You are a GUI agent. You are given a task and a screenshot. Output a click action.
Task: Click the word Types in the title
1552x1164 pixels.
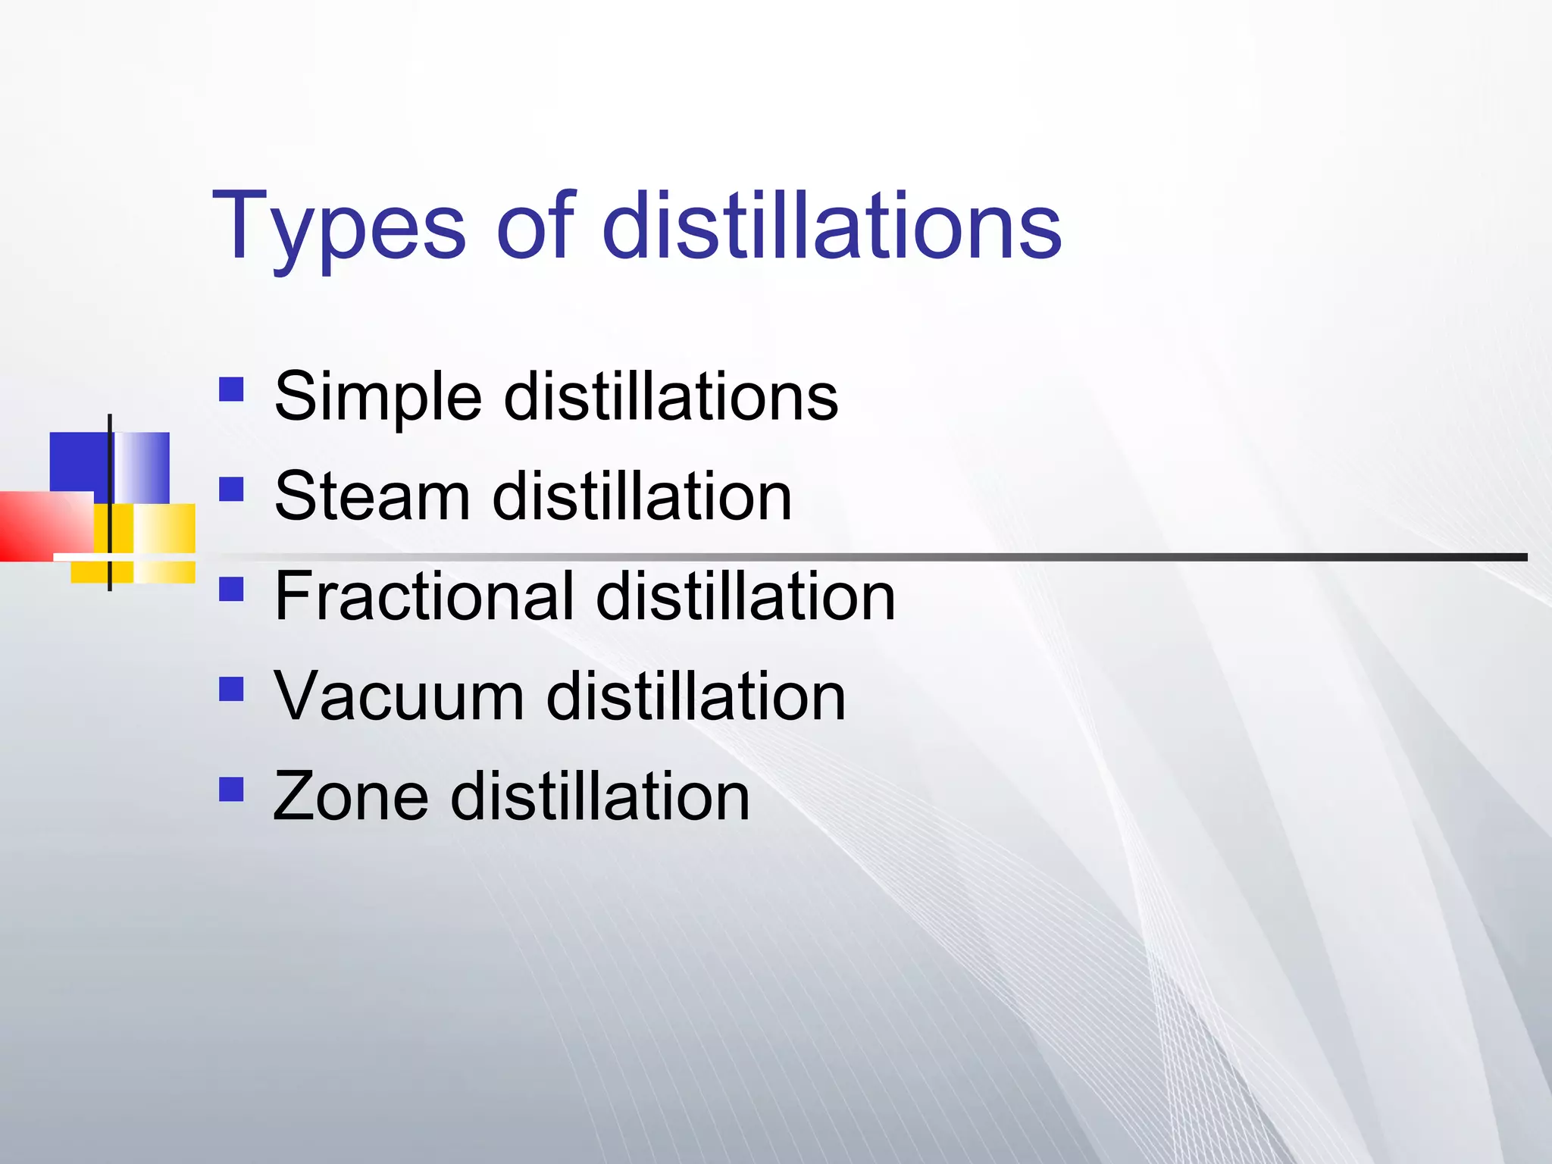click(338, 227)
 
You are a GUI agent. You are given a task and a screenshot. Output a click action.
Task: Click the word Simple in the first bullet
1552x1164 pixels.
click(377, 399)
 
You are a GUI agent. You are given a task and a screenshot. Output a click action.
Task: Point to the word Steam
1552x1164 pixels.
click(372, 497)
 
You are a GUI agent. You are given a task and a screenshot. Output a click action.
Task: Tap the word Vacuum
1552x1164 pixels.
click(399, 696)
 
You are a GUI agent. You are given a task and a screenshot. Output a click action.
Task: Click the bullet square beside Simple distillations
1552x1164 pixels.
click(231, 390)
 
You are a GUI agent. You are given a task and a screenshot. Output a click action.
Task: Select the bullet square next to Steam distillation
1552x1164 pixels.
click(231, 489)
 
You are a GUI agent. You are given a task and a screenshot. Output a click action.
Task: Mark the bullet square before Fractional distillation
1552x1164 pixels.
click(231, 589)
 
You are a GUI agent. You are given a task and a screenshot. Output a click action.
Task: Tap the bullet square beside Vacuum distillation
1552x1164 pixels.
click(231, 689)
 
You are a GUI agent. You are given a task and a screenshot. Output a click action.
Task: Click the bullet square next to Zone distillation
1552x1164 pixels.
click(231, 789)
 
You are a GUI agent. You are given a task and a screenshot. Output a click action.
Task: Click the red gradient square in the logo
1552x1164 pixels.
click(42, 526)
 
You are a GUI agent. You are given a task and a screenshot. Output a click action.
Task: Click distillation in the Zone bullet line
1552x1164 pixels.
click(600, 796)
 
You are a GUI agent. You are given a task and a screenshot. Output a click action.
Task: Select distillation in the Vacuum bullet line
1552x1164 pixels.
click(696, 696)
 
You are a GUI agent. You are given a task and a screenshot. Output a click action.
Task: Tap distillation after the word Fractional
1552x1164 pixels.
click(746, 597)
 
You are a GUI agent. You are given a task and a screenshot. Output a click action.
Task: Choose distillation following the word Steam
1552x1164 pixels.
click(642, 497)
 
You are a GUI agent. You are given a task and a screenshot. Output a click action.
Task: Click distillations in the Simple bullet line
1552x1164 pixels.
click(671, 397)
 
